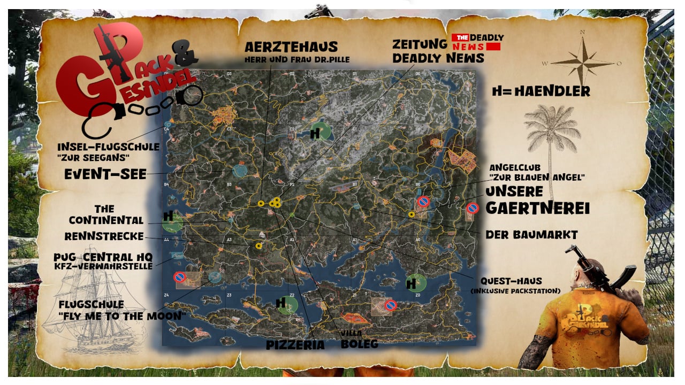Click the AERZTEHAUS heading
[292, 47]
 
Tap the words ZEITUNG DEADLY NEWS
[438, 51]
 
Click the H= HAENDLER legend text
[541, 92]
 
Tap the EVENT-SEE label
[105, 174]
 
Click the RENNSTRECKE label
[104, 236]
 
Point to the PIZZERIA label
[295, 345]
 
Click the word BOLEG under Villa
[359, 344]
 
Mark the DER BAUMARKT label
[531, 235]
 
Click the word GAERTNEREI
[537, 207]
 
